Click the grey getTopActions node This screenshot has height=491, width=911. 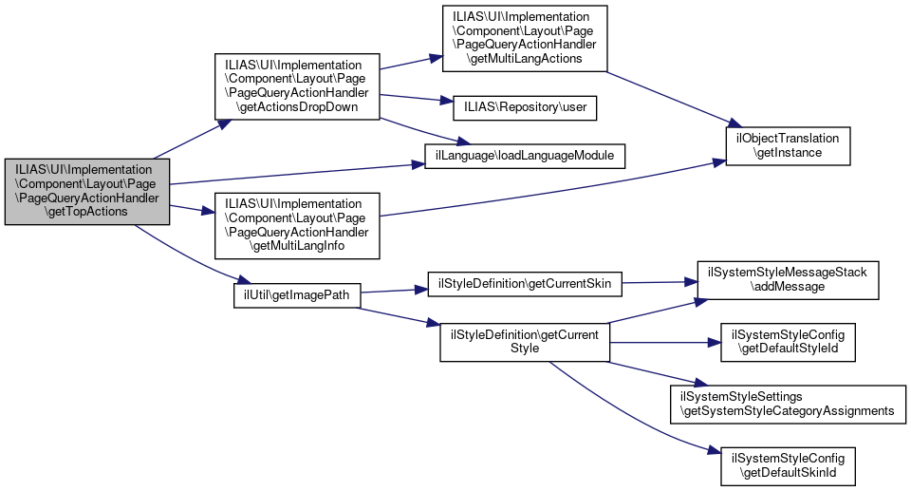86,191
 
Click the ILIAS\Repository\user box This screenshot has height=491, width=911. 525,107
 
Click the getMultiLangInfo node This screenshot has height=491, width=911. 297,225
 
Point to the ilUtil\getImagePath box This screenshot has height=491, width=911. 297,294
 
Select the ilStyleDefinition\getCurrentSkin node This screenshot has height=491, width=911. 524,283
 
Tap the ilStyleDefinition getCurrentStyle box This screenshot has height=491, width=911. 524,341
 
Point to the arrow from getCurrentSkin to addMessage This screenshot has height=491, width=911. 654,282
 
